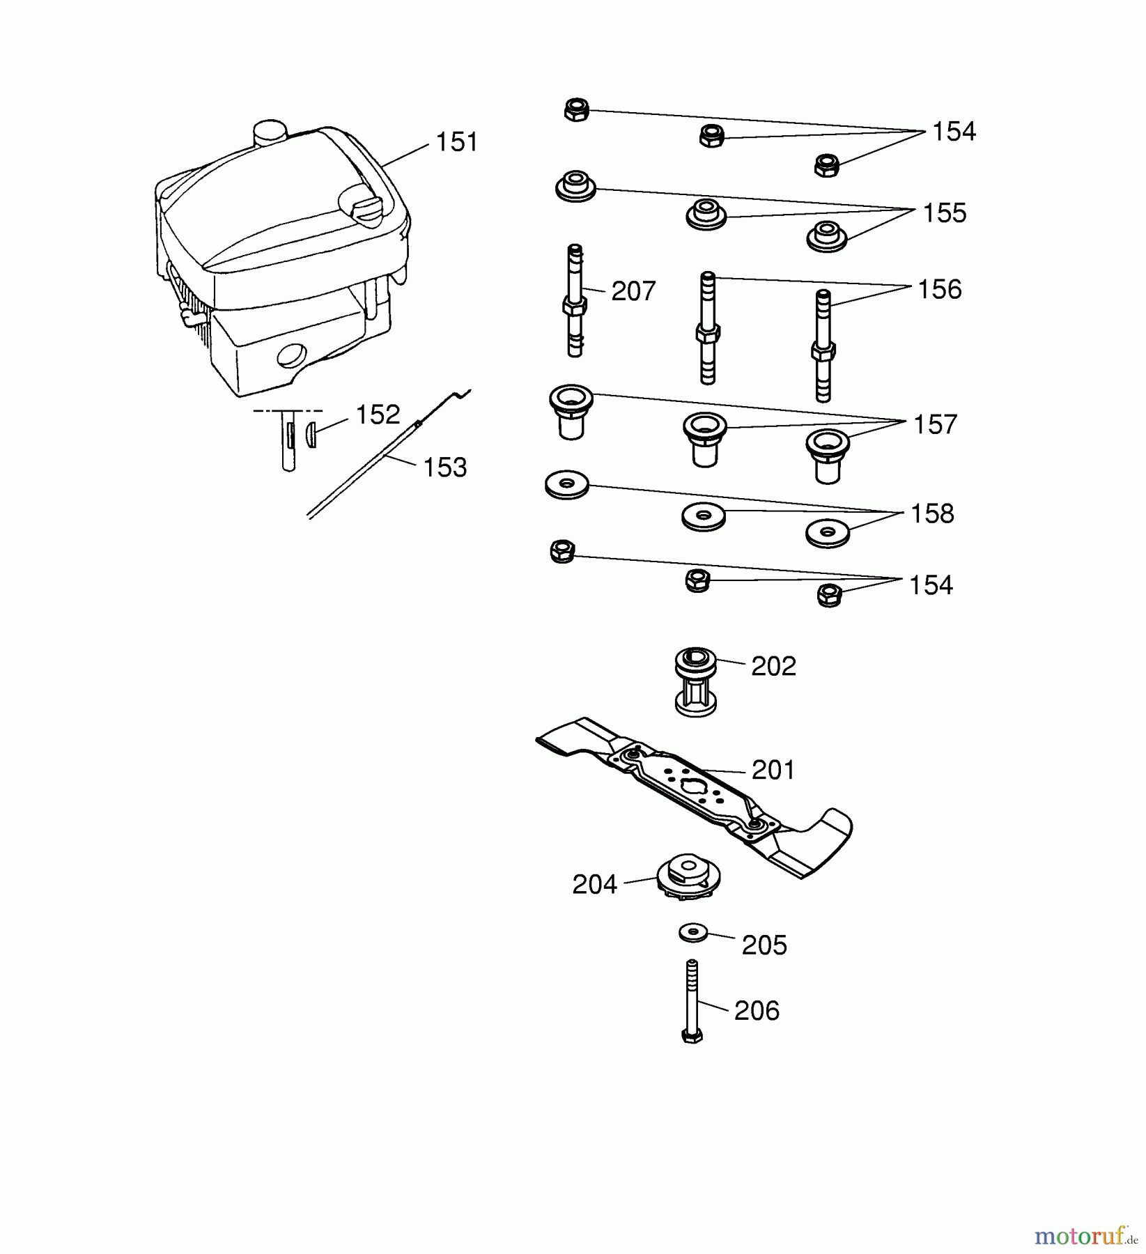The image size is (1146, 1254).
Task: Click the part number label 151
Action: click(456, 142)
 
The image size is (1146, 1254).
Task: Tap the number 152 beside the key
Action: click(378, 415)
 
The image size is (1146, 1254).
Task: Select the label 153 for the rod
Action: click(444, 467)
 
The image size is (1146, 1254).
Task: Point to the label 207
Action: click(633, 291)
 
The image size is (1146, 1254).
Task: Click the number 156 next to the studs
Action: click(939, 290)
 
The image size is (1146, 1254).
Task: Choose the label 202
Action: click(773, 667)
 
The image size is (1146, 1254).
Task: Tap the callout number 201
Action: click(773, 771)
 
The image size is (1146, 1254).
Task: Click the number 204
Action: click(594, 885)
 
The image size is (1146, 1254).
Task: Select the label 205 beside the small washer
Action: click(764, 945)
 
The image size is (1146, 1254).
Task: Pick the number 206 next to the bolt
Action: click(757, 1011)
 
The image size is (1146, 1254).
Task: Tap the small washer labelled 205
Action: click(692, 932)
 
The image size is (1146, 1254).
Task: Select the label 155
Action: click(944, 213)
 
